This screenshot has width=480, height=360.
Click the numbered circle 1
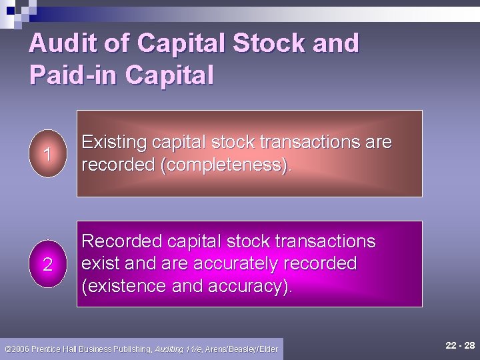click(47, 154)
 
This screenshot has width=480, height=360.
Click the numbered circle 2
click(47, 264)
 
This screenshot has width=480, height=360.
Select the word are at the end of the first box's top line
click(378, 143)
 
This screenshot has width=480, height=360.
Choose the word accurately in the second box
click(235, 263)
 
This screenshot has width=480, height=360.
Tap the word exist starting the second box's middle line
click(101, 263)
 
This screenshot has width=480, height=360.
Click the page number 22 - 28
click(461, 345)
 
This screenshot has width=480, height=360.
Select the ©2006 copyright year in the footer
click(18, 349)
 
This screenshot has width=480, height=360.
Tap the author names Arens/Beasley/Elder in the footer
click(241, 349)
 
